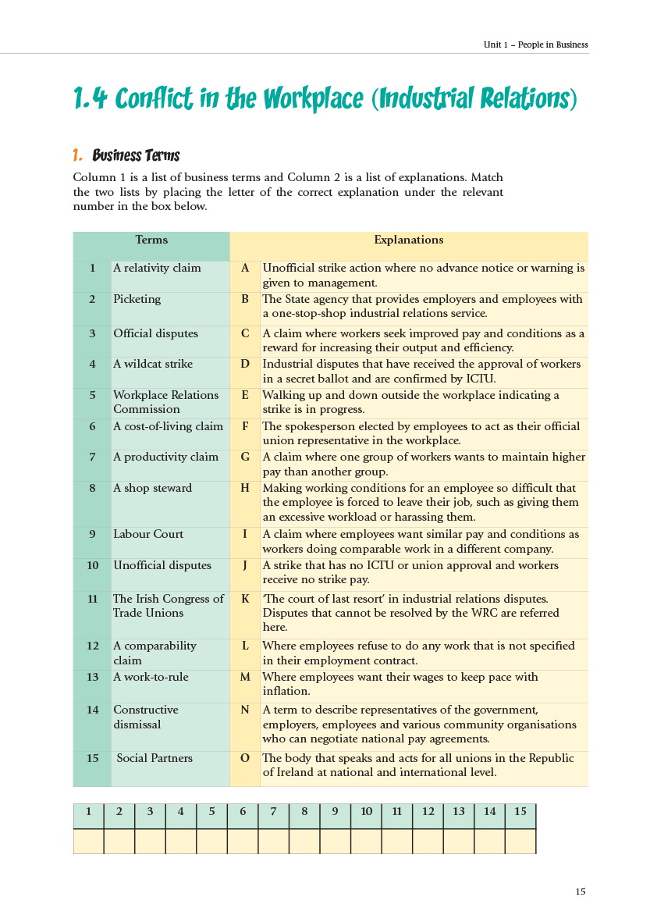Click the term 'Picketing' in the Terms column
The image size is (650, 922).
click(x=137, y=299)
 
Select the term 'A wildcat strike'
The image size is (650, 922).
click(x=152, y=364)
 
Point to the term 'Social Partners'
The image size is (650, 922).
click(x=155, y=758)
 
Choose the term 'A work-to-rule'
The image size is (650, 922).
click(x=151, y=677)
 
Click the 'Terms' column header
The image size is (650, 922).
click(x=151, y=240)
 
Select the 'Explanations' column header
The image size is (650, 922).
click(x=408, y=240)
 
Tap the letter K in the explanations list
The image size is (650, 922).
click(x=245, y=599)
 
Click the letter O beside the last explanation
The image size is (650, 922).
click(x=245, y=758)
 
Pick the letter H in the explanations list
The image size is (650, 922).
click(x=245, y=488)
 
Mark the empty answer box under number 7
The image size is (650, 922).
click(x=273, y=842)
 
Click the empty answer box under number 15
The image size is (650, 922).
click(x=520, y=842)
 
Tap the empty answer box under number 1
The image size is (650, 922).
click(x=88, y=842)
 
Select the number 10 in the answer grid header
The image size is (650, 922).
click(x=366, y=812)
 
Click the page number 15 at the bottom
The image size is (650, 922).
click(x=580, y=892)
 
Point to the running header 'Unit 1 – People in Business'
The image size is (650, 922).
click(x=535, y=44)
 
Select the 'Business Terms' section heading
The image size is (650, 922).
click(x=136, y=155)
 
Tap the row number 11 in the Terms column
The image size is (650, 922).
click(x=93, y=599)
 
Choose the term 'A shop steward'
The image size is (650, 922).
click(x=152, y=488)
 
